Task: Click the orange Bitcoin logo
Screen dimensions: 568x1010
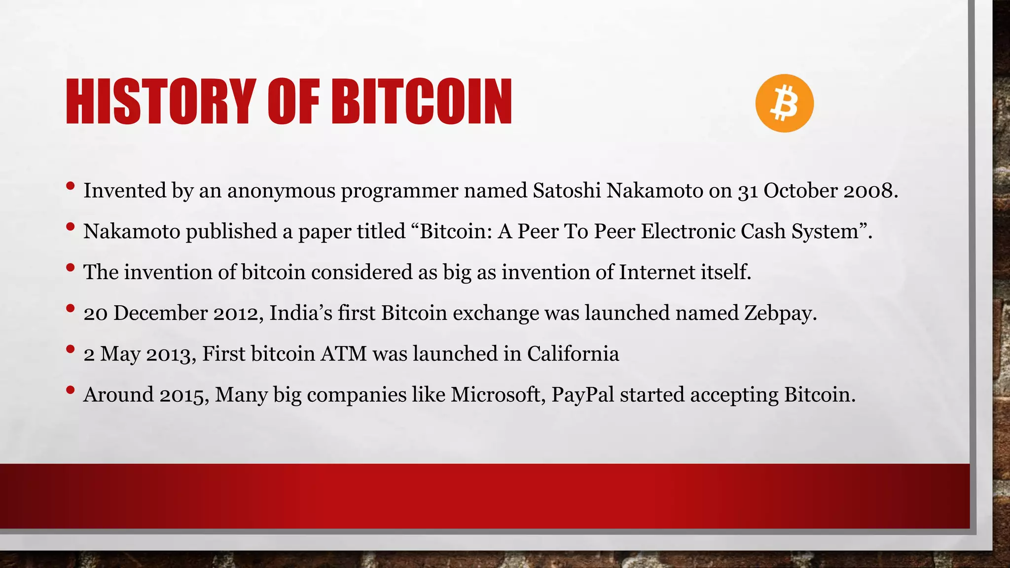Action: click(x=784, y=103)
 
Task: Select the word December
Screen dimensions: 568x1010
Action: click(x=160, y=313)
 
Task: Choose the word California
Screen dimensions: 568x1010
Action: click(x=573, y=354)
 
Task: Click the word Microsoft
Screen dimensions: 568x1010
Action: click(x=498, y=395)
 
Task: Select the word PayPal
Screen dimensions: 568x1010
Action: click(x=582, y=395)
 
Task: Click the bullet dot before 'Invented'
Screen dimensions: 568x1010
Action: click(x=70, y=186)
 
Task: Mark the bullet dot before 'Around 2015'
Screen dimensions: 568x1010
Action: click(x=70, y=390)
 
